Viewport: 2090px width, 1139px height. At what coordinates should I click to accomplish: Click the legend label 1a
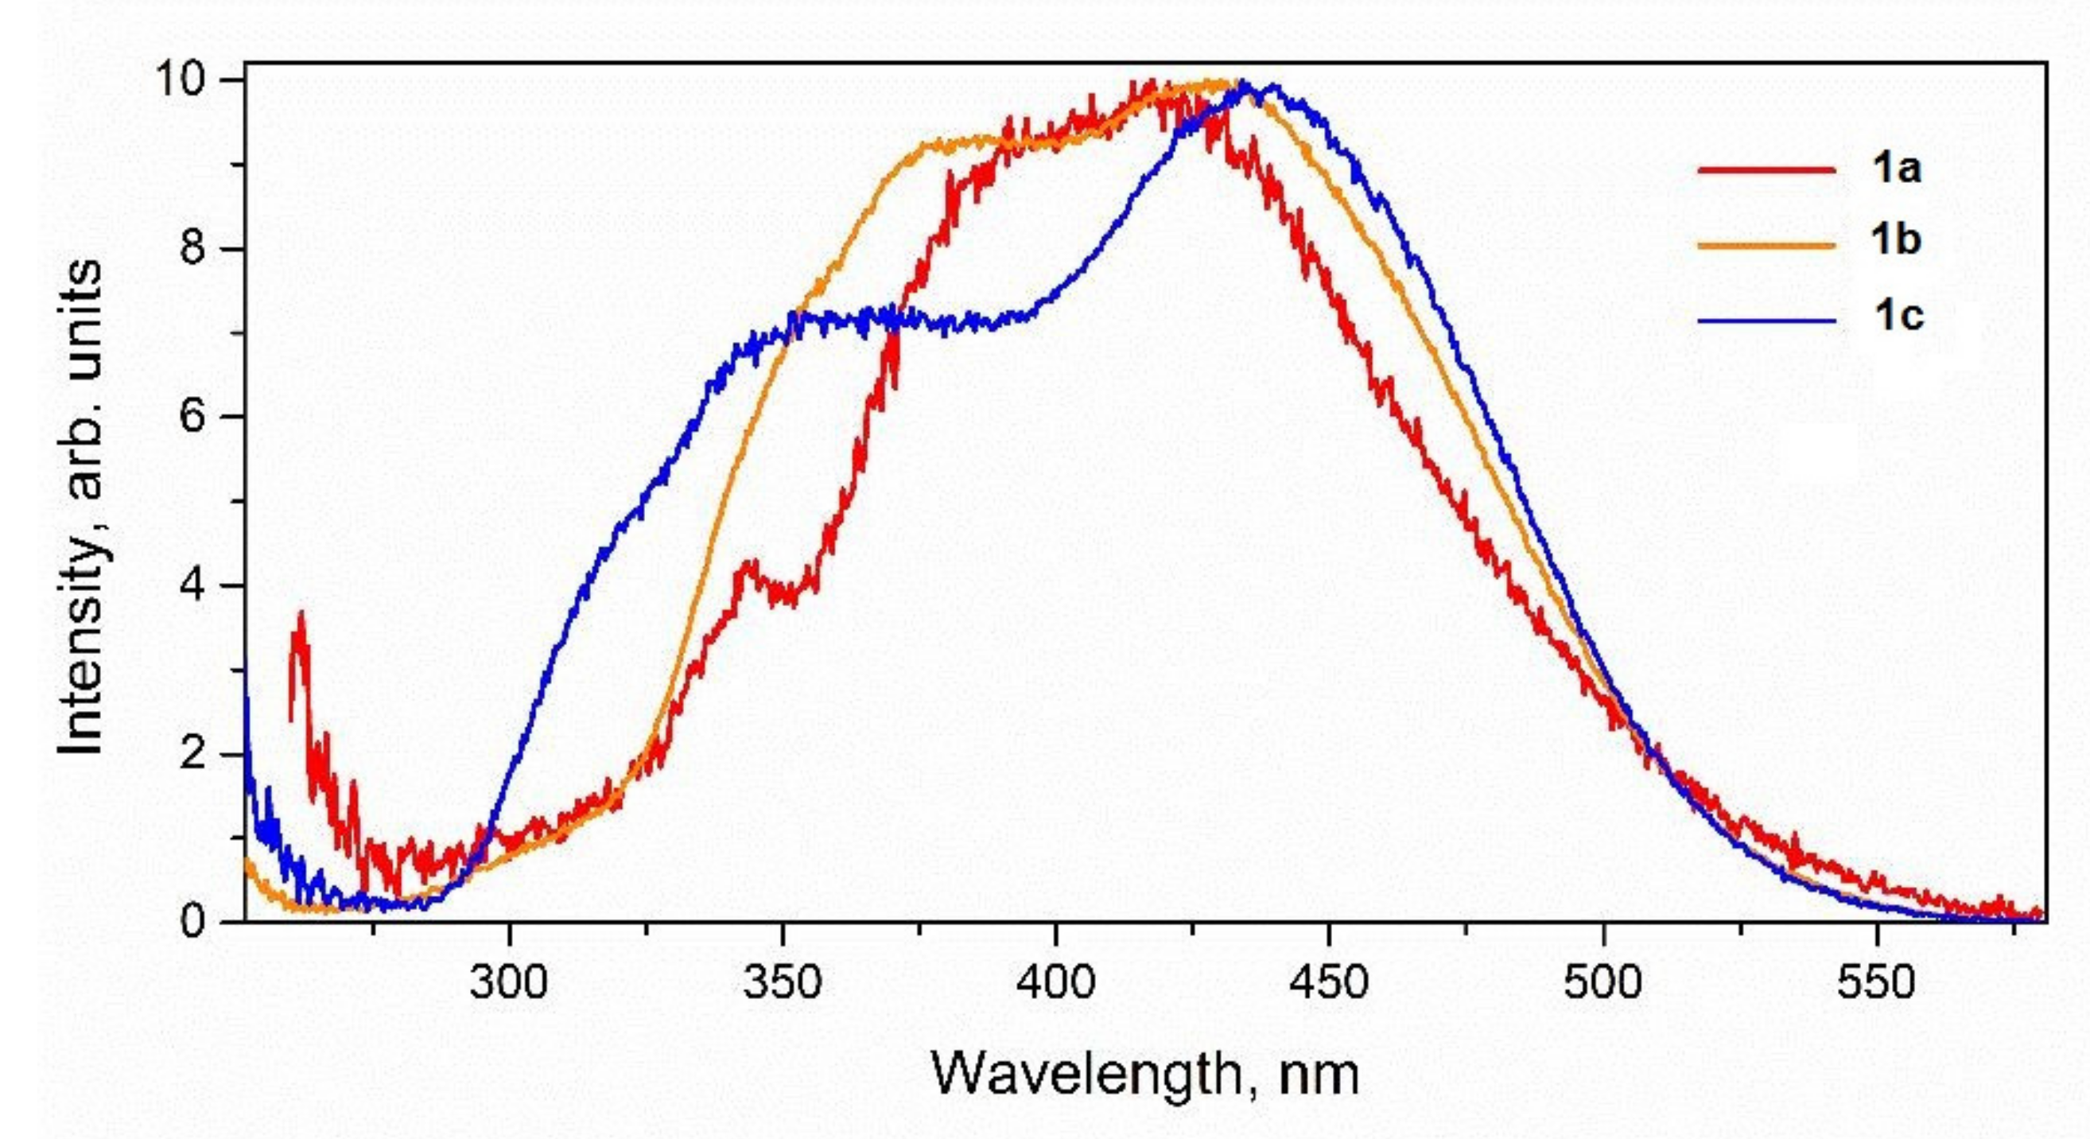[x=1897, y=169]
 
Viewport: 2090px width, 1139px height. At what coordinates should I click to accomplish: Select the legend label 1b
[x=1897, y=241]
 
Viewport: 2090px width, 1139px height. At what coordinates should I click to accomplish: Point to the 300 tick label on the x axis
[x=510, y=983]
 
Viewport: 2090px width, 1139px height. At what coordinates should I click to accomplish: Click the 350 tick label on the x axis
[x=782, y=983]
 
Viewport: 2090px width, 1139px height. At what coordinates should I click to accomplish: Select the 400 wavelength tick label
[x=1055, y=983]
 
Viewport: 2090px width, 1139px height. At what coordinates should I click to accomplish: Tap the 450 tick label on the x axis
[x=1329, y=983]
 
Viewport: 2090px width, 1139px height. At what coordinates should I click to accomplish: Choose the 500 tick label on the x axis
[x=1603, y=983]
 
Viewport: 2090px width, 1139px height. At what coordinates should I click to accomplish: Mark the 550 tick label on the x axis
[x=1877, y=983]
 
